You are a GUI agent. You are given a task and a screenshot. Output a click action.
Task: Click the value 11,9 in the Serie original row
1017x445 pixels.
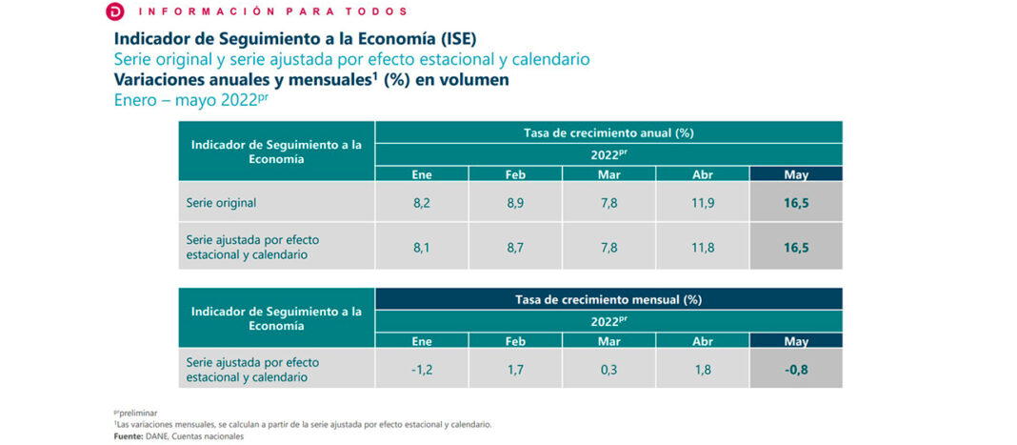(x=703, y=203)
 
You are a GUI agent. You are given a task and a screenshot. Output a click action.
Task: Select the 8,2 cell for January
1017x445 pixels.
(x=422, y=203)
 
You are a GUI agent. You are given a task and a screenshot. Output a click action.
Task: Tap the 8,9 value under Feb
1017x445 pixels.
(x=515, y=203)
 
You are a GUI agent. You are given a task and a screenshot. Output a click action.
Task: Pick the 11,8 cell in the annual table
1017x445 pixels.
(x=703, y=248)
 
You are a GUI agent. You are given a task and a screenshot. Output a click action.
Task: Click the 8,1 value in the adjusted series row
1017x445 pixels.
(x=422, y=248)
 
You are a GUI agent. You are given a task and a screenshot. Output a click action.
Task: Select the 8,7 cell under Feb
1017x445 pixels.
(x=515, y=248)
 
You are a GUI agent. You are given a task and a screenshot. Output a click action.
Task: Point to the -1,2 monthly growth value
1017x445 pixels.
(x=422, y=369)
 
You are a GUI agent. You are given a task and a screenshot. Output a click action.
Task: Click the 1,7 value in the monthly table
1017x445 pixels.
(x=515, y=369)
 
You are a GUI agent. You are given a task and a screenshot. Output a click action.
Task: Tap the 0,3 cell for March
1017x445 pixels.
(x=608, y=369)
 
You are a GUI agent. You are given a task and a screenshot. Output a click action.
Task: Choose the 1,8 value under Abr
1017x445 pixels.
(x=703, y=369)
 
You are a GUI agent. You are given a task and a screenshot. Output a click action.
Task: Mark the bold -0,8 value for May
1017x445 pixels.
(x=796, y=369)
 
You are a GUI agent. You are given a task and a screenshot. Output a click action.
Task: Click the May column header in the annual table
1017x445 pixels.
(x=796, y=174)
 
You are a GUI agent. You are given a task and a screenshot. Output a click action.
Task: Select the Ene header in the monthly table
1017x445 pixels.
(x=422, y=340)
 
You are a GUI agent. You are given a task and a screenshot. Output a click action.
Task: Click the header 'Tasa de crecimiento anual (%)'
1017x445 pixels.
(x=608, y=132)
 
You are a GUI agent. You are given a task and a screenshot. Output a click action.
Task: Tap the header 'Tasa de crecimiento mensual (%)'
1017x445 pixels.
(x=608, y=299)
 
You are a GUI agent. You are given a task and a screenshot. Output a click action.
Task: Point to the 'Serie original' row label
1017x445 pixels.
(x=222, y=203)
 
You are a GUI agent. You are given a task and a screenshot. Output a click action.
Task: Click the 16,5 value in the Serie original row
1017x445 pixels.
(x=796, y=203)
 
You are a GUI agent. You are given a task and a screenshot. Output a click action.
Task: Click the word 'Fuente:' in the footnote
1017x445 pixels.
(x=130, y=435)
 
